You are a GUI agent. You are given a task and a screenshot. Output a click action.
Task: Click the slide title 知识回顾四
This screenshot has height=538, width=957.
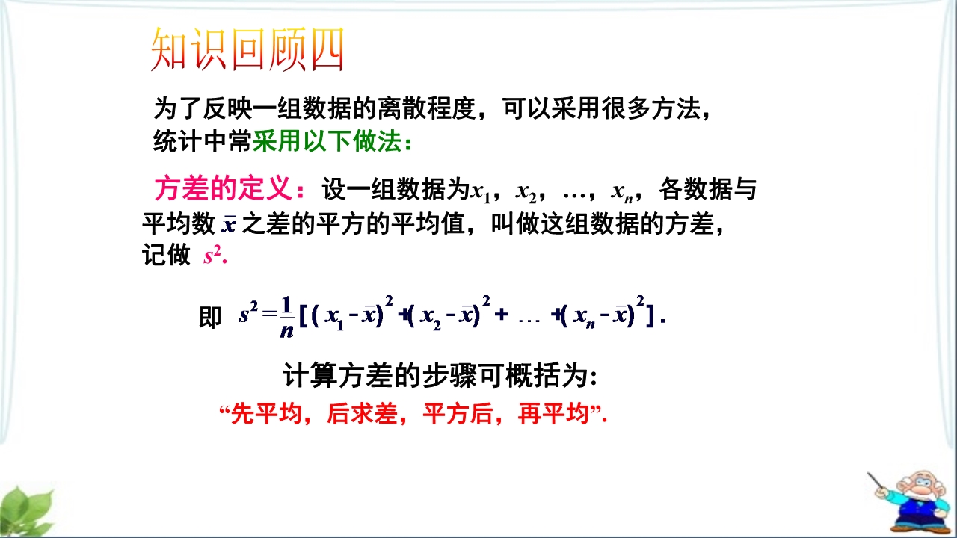[247, 49]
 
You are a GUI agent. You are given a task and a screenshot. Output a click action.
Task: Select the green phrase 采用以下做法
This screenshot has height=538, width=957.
[327, 141]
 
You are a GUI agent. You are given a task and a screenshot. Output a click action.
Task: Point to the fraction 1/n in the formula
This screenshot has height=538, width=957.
[286, 318]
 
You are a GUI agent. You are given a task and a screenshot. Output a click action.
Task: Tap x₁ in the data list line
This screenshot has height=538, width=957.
[480, 191]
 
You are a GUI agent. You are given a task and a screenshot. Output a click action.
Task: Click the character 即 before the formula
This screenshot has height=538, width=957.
[210, 318]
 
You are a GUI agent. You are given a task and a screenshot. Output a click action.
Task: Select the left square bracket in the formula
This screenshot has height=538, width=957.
[304, 317]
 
